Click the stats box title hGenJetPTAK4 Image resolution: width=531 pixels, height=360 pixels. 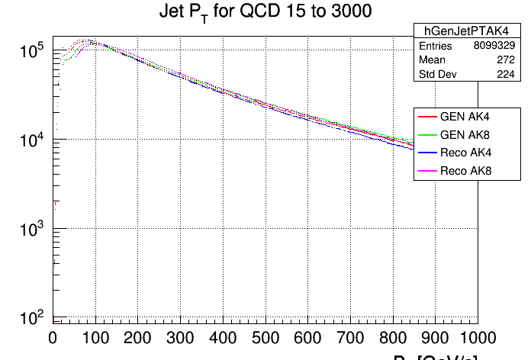456,31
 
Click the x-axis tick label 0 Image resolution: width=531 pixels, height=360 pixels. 53,338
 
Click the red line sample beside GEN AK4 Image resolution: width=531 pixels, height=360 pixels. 426,117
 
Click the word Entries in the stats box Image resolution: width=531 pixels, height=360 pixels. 436,46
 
